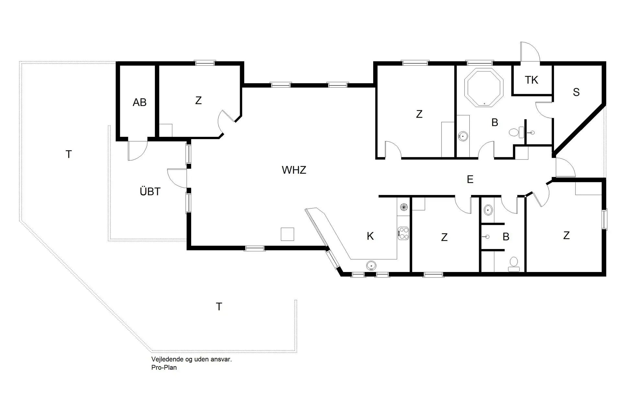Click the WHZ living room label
(x=294, y=170)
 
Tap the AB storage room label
(x=140, y=103)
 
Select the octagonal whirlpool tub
(x=484, y=87)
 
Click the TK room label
(x=531, y=80)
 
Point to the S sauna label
(x=576, y=92)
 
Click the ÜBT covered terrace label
(x=150, y=191)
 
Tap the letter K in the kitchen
(x=370, y=236)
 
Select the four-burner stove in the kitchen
(x=403, y=233)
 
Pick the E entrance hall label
(x=470, y=179)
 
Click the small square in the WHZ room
(x=287, y=234)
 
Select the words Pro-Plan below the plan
(x=164, y=367)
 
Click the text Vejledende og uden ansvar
(x=191, y=359)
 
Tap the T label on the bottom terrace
(x=219, y=307)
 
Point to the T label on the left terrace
(x=68, y=155)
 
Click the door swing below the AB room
(x=137, y=151)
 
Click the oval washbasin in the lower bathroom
(x=488, y=210)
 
